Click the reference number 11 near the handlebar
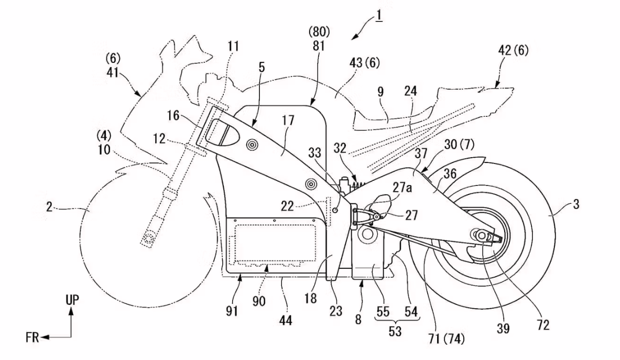[x=233, y=47]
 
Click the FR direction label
[x=32, y=337]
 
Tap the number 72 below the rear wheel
[x=543, y=325]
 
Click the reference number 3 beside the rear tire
[x=576, y=205]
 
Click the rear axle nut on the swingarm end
[x=480, y=235]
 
